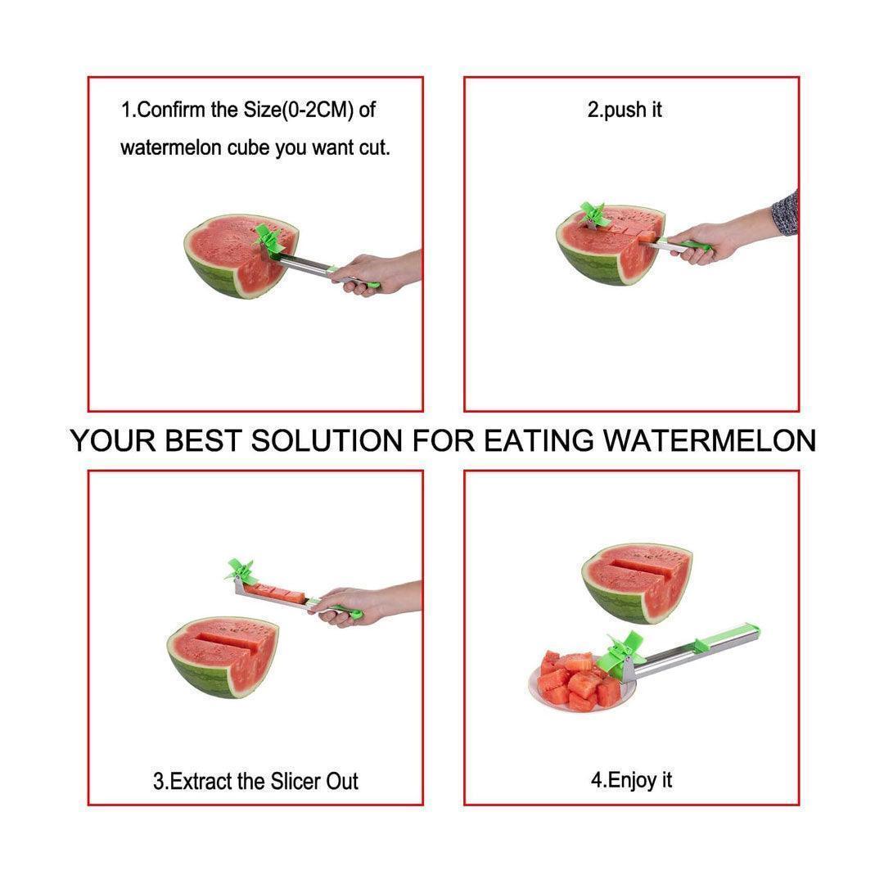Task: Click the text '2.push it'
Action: coord(625,110)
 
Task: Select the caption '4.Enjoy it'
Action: coord(631,780)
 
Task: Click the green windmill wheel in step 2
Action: coord(594,217)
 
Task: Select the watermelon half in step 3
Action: coord(223,655)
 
